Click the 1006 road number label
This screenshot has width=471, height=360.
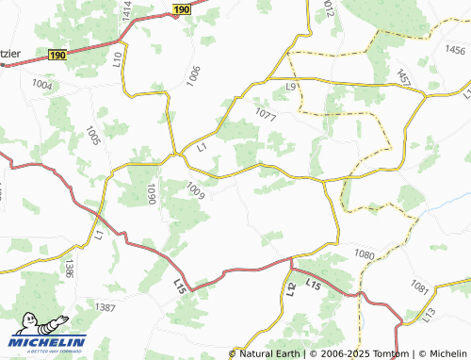pyautogui.click(x=194, y=76)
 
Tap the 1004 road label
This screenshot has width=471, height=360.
pyautogui.click(x=42, y=85)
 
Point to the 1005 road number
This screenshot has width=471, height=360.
pyautogui.click(x=92, y=136)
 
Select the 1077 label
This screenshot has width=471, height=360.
pyautogui.click(x=267, y=115)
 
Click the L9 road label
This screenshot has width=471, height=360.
pyautogui.click(x=292, y=87)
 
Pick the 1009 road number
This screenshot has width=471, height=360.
pyautogui.click(x=197, y=190)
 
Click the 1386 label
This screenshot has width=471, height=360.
pyautogui.click(x=69, y=269)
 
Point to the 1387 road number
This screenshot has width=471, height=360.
pyautogui.click(x=106, y=308)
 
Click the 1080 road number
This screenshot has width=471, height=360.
pyautogui.click(x=365, y=254)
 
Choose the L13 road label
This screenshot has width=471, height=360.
pyautogui.click(x=429, y=311)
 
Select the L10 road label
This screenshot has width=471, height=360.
pyautogui.click(x=118, y=59)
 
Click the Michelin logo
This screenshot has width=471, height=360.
pyautogui.click(x=48, y=342)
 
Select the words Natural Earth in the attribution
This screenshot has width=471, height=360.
pyautogui.click(x=269, y=353)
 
